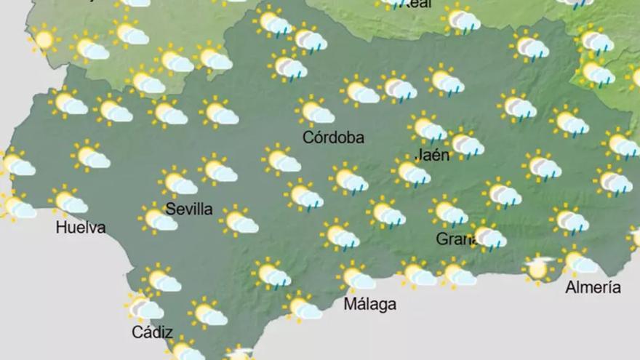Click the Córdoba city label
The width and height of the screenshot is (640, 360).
point(333,137)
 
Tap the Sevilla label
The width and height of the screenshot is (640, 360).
point(189,209)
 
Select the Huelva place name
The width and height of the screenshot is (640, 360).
point(81,228)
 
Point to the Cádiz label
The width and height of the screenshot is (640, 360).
point(152,332)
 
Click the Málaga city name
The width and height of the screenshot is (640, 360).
point(370,304)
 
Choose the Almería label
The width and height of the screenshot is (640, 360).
point(593,287)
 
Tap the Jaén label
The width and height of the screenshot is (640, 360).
point(432,154)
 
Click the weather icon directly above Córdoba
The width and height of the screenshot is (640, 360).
point(316,112)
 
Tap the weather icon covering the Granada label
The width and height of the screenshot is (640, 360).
point(488,236)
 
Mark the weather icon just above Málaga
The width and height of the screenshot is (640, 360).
point(356,277)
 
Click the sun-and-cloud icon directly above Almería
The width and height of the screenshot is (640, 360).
point(578,262)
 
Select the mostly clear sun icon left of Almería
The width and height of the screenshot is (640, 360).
point(538,268)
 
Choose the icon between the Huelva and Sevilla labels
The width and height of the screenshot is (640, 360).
point(158,218)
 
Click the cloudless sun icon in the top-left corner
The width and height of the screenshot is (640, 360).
point(44,39)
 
